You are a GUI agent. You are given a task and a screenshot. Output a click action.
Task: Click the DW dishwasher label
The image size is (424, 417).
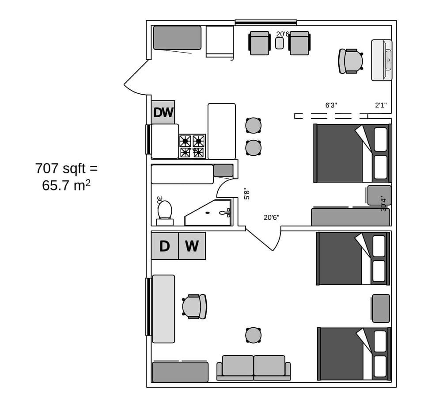point(163,112)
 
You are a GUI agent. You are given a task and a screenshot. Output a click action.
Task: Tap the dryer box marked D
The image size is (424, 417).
point(165,246)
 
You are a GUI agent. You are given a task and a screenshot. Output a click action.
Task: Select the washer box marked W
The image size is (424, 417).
point(192,246)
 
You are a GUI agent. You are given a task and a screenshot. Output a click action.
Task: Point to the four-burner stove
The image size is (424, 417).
point(192,146)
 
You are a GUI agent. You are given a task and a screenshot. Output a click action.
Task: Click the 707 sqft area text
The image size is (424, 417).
point(66,168)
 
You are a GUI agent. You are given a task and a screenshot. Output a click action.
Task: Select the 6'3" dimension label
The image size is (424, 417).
point(331,105)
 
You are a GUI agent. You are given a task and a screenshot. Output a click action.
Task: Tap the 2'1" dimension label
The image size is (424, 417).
point(381,105)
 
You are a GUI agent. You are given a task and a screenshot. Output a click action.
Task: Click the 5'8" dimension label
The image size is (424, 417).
point(247,194)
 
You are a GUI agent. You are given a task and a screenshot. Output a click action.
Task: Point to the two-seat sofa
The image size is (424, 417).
point(254,367)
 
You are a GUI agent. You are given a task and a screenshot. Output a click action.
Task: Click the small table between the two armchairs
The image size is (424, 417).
point(279,43)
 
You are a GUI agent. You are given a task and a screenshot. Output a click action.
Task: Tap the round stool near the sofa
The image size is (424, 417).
point(253,335)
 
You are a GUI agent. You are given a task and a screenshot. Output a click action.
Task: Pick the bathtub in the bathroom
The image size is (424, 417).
point(182,174)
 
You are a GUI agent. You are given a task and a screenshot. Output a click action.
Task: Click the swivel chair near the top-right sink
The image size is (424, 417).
point(351,61)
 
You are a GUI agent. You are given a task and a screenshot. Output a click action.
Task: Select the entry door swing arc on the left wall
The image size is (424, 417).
point(136,80)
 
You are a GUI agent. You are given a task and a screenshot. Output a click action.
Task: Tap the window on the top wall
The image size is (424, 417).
point(265,23)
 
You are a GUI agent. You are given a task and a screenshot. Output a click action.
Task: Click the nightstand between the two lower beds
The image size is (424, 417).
point(381,308)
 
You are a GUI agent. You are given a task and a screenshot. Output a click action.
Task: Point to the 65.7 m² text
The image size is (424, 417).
point(66,185)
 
